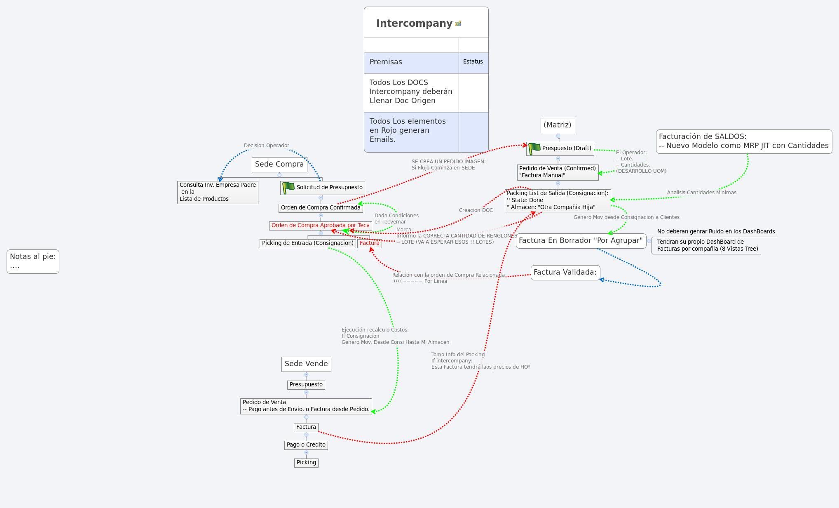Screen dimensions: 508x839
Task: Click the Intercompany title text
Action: (414, 24)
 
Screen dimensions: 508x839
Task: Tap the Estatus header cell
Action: (473, 62)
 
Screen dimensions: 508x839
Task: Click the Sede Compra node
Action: (279, 164)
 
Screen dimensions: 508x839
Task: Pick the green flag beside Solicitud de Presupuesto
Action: (288, 188)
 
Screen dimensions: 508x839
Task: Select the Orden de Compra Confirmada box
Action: (320, 208)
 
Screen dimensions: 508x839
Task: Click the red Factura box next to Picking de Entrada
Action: (369, 243)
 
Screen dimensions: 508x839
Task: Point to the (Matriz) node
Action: (557, 125)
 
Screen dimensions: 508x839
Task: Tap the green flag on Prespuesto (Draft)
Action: (534, 148)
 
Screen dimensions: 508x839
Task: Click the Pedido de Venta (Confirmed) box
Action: (557, 172)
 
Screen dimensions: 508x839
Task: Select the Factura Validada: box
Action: (565, 272)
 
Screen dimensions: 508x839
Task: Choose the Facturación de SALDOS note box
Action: (743, 141)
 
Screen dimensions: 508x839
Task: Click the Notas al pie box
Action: (33, 261)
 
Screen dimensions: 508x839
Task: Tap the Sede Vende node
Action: (306, 364)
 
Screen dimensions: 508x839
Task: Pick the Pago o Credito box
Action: (306, 445)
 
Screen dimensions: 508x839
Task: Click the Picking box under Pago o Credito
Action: (306, 463)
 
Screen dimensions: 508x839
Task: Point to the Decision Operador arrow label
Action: (266, 146)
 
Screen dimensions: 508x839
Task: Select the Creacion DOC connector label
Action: (476, 210)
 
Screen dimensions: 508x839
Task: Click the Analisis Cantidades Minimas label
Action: (701, 193)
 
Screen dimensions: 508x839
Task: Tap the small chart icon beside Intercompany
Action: (458, 24)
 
